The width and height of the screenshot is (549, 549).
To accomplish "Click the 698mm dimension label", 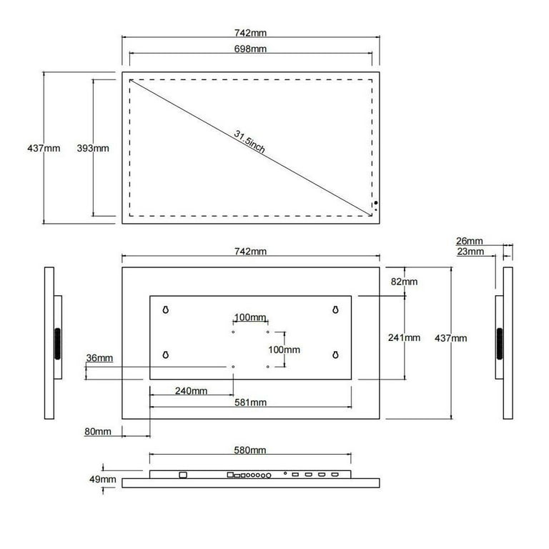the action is [250, 49].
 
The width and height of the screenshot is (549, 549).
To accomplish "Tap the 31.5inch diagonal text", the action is [249, 142].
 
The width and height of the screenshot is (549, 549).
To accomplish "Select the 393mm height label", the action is [93, 148].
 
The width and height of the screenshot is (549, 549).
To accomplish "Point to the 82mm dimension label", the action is [404, 282].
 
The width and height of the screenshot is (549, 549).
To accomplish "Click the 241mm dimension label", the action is [404, 337].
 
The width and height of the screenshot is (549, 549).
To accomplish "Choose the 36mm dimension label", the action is [99, 358].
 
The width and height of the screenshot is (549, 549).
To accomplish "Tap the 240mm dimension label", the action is [191, 391].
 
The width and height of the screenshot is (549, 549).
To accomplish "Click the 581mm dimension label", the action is [250, 402].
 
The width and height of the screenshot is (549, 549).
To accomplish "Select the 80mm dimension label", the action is [98, 431].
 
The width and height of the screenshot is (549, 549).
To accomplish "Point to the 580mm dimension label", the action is [250, 450].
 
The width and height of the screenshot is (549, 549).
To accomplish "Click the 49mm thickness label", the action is [103, 479].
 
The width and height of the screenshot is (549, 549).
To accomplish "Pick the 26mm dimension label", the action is [469, 241].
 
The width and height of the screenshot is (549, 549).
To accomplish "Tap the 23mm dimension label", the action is [470, 252].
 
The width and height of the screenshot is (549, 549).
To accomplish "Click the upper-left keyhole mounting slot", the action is [166, 310].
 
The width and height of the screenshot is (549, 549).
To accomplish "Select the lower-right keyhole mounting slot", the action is [335, 355].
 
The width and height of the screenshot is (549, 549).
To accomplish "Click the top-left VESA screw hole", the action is [233, 332].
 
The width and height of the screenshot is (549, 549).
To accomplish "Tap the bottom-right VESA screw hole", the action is [268, 367].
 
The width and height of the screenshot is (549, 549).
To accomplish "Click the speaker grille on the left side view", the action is [57, 343].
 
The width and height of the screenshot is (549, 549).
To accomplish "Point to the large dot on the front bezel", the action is [376, 203].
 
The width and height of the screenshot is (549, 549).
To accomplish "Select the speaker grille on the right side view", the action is [500, 343].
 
